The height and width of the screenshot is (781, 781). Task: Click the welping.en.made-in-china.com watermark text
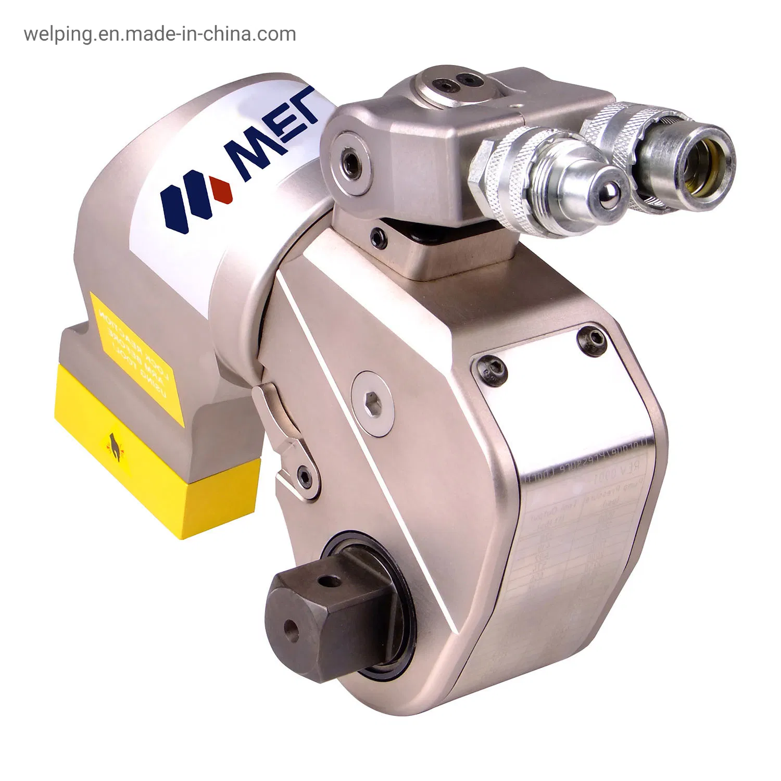coord(160,34)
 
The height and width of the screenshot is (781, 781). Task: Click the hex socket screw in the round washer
coord(372,404)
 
